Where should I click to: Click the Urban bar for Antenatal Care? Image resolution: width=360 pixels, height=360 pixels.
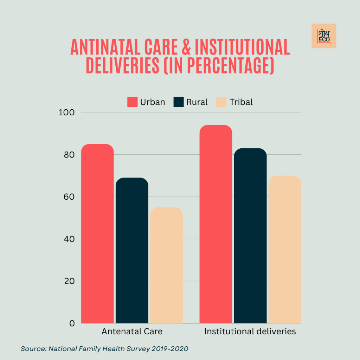click(97, 234)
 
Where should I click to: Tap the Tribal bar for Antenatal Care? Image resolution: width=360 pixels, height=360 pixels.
click(166, 265)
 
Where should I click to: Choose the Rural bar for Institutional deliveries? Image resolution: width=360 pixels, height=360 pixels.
click(250, 236)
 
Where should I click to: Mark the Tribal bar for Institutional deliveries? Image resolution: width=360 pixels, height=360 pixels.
click(285, 249)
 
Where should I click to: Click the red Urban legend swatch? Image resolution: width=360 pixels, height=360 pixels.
click(132, 102)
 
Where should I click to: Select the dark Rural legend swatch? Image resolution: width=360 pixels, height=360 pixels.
click(179, 102)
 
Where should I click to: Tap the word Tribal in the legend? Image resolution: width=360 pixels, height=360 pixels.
click(241, 102)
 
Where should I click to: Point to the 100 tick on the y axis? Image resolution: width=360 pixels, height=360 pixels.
click(66, 112)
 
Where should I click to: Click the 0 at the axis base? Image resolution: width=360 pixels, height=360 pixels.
click(72, 323)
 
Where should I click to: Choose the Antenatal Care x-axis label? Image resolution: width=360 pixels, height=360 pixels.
click(132, 332)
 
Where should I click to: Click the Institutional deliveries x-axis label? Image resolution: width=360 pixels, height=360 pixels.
click(250, 332)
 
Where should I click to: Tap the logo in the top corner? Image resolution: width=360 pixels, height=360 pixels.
click(324, 36)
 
